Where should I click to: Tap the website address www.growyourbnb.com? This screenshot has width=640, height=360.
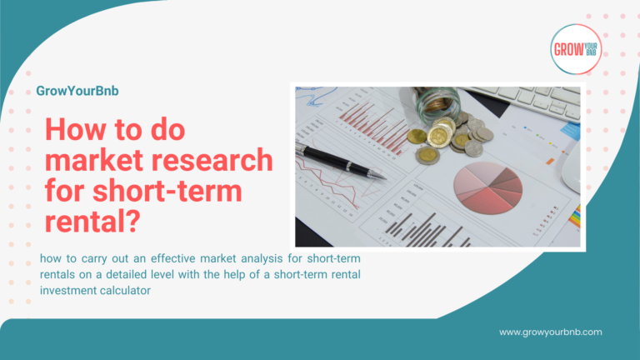[x=551, y=332]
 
